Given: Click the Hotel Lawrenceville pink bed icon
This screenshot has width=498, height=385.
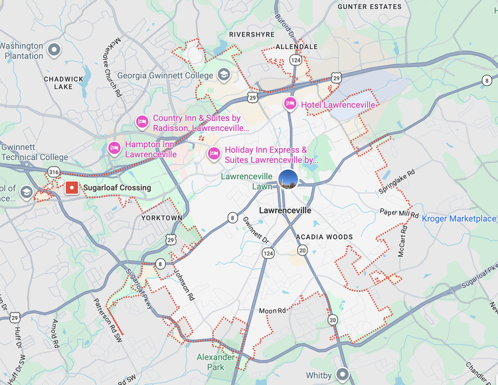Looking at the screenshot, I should pyautogui.click(x=290, y=104).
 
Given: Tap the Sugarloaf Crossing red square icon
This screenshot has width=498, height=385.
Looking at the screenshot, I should pyautogui.click(x=72, y=188).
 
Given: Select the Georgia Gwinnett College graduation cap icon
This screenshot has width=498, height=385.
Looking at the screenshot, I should pyautogui.click(x=224, y=75).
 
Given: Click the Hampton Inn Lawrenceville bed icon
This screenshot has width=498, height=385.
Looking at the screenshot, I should pyautogui.click(x=114, y=148).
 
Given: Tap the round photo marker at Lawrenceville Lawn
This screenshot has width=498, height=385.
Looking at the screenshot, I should pyautogui.click(x=288, y=179).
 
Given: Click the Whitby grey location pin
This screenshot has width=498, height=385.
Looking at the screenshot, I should pyautogui.click(x=343, y=375).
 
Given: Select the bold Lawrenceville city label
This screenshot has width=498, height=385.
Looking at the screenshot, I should pyautogui.click(x=285, y=210).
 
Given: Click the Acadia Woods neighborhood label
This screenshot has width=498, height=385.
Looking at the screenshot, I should pyautogui.click(x=325, y=237).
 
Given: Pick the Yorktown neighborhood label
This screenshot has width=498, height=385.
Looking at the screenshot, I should pyautogui.click(x=162, y=218).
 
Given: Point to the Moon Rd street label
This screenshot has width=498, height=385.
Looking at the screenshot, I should pyautogui.click(x=272, y=311).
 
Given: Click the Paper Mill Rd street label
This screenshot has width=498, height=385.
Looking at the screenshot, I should pyautogui.click(x=400, y=214).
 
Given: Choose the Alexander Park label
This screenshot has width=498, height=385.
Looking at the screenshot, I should pyautogui.click(x=216, y=362).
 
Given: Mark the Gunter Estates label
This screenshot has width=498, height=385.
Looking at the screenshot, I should pyautogui.click(x=370, y=7).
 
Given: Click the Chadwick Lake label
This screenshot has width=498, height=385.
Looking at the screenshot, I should pyautogui.click(x=63, y=82).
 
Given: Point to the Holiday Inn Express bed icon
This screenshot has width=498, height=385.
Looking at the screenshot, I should pyautogui.click(x=214, y=155).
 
